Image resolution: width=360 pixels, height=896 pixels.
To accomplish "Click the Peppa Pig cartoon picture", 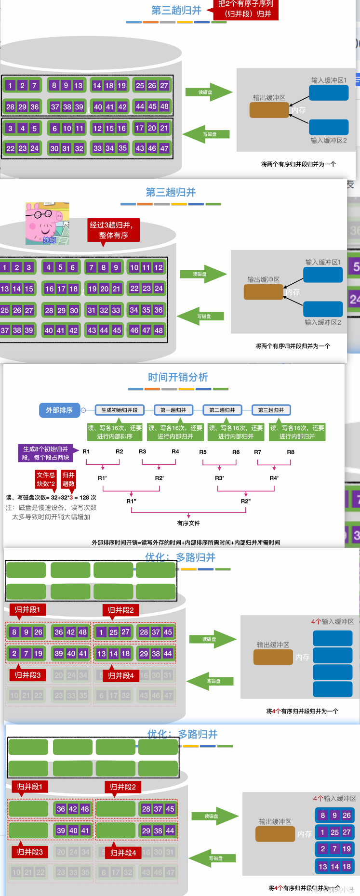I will tap(47, 224).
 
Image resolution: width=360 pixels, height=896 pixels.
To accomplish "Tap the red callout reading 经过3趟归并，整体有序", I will tap(113, 230).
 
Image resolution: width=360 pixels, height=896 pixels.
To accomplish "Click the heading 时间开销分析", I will tap(178, 377).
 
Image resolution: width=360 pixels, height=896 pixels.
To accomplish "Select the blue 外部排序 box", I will tap(59, 410).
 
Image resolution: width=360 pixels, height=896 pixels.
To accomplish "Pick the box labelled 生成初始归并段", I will tap(119, 410).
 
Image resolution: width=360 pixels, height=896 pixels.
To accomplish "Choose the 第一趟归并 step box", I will tap(173, 410).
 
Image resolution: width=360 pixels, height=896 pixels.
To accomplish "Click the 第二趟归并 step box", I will tap(222, 410).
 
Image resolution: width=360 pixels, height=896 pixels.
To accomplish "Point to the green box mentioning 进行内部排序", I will tap(115, 432).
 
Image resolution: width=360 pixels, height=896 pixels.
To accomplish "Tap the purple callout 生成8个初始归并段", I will tap(45, 453).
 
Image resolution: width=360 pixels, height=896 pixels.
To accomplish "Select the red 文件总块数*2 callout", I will tap(46, 479).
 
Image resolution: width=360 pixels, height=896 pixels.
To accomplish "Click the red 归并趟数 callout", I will tap(68, 479).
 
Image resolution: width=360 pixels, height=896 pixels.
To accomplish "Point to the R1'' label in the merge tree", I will tap(132, 501).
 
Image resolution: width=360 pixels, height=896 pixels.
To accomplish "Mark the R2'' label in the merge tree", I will tap(246, 501).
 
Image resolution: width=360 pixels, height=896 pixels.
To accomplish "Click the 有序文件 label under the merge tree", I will tap(188, 523).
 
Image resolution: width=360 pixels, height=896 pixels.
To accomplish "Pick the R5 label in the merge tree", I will tap(203, 452).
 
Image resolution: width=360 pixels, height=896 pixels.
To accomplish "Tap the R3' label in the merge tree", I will tap(219, 478).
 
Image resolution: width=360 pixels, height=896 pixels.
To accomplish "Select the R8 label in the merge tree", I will tap(291, 452).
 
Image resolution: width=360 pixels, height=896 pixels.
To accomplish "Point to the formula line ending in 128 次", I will tap(51, 497).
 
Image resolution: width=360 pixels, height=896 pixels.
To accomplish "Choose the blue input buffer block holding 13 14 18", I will tap(334, 867).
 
